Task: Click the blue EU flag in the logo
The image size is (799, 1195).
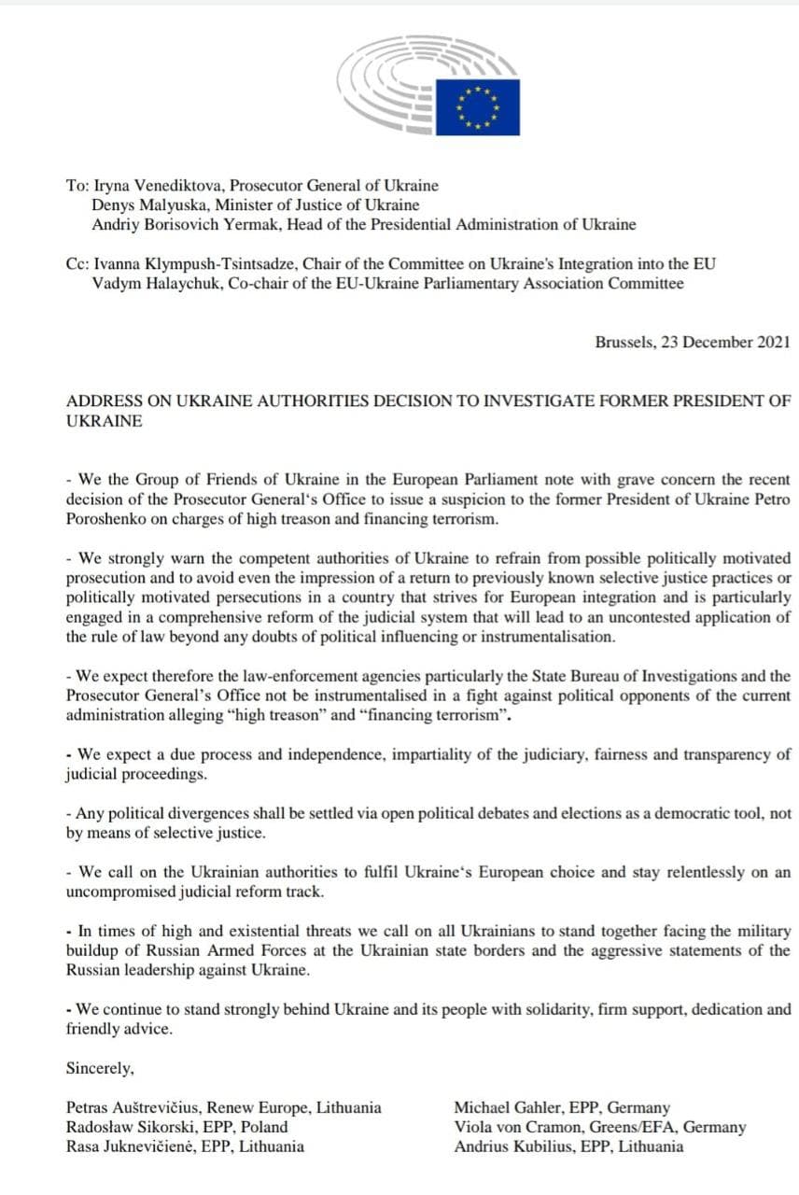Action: coord(478,107)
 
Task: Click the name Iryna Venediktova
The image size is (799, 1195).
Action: coord(154,186)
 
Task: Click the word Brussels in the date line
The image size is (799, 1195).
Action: coord(624,342)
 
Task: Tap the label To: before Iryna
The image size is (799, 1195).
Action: coord(77,186)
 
